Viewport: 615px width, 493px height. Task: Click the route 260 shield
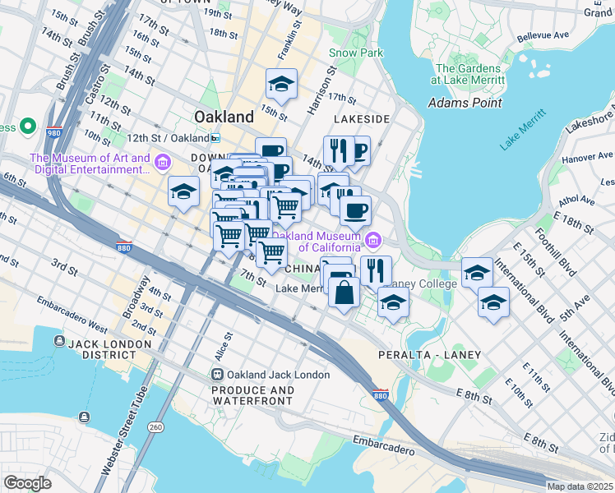[x=156, y=426]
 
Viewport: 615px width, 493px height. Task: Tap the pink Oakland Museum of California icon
[x=373, y=241]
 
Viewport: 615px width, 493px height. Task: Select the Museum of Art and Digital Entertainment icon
[x=162, y=164]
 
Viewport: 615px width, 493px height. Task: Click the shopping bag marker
[x=344, y=292]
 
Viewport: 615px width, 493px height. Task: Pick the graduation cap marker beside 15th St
[x=281, y=84]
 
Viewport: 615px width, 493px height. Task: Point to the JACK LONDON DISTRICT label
[x=103, y=348]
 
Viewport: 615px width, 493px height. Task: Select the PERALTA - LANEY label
[x=429, y=354]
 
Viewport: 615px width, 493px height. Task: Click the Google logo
[x=27, y=483]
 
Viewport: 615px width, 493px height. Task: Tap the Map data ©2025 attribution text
[x=580, y=486]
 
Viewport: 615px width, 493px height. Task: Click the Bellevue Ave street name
[x=543, y=36]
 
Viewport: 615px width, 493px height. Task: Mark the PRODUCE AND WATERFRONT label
[x=252, y=395]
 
